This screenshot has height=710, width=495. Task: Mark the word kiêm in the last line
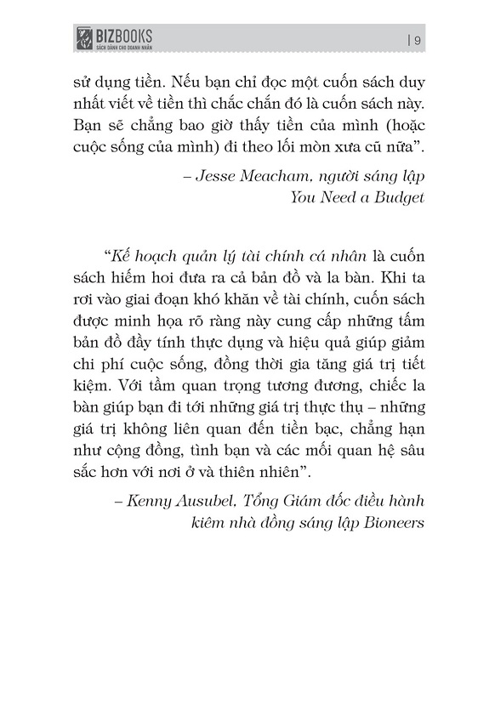click(213, 524)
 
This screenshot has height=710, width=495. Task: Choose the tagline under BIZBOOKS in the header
click(122, 45)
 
